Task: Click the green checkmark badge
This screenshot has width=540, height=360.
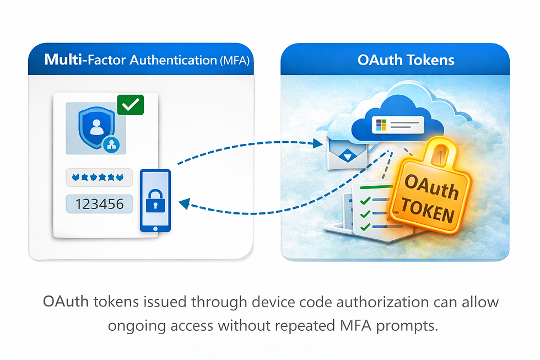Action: click(130, 105)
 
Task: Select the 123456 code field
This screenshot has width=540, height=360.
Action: click(99, 204)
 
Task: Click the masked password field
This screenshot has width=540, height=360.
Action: click(99, 178)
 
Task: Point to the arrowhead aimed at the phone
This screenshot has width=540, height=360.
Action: click(184, 205)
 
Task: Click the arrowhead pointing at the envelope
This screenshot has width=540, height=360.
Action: click(317, 144)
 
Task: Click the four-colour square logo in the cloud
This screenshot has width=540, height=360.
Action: click(379, 124)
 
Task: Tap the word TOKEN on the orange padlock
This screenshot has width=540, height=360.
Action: click(428, 212)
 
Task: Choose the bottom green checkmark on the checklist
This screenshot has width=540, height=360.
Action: click(364, 226)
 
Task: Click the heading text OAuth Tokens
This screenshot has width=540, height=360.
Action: click(406, 60)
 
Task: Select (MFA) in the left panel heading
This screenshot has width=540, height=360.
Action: click(234, 61)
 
